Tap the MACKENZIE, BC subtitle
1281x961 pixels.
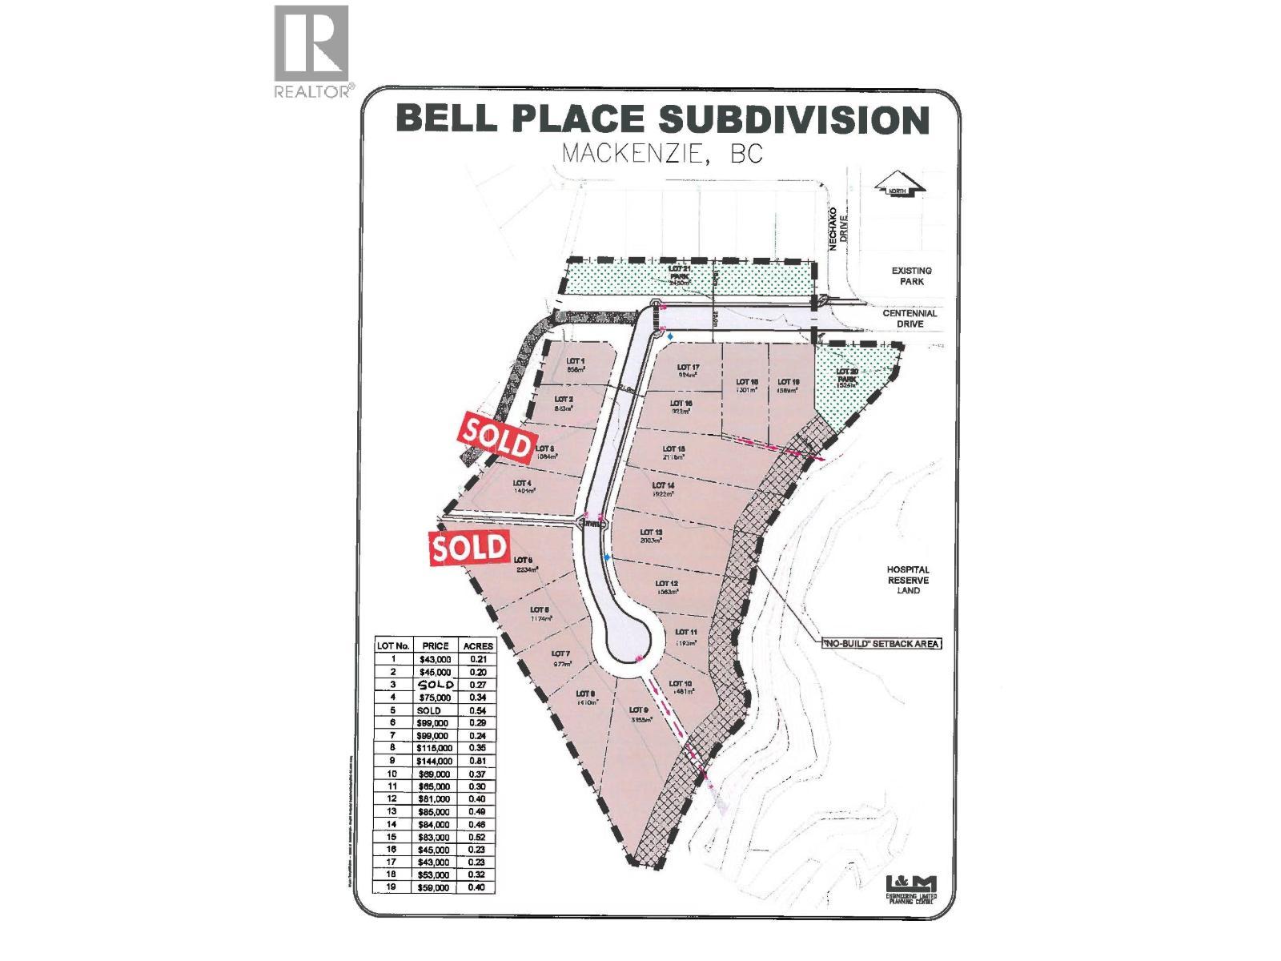662,154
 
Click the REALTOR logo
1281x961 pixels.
312,52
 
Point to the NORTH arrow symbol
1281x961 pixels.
900,190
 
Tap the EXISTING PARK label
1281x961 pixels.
912,276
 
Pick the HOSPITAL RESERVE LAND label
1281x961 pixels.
908,580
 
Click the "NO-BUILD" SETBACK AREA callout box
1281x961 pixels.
879,643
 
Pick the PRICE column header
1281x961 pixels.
436,645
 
